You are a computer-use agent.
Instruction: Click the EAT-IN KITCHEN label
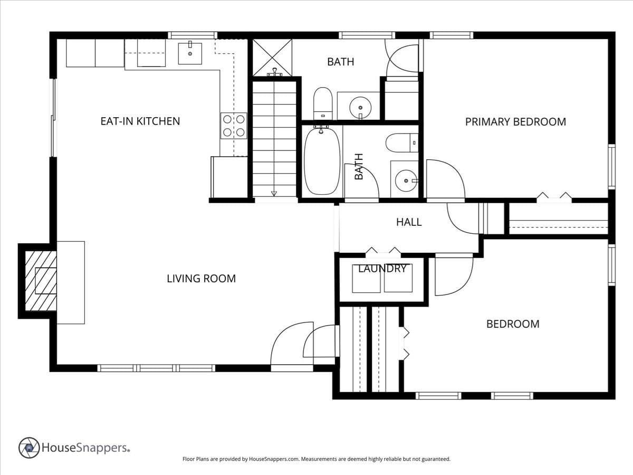pos(140,121)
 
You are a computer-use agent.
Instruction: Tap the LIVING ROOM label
pos(202,278)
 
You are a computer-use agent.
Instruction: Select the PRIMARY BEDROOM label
pos(515,122)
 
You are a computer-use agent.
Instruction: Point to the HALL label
pos(409,222)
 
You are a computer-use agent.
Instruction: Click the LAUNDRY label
pos(382,269)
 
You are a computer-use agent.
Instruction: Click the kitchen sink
pos(190,53)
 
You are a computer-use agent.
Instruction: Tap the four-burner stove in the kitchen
pos(234,126)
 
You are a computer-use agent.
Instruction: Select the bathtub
pos(322,161)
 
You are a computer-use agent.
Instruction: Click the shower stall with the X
pos(273,58)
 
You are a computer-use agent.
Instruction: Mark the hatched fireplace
pos(41,281)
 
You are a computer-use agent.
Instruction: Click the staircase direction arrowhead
pos(274,194)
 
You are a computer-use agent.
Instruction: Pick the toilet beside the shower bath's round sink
pos(323,103)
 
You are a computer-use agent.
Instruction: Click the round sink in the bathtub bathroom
pos(406,180)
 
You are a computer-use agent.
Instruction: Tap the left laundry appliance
pos(366,278)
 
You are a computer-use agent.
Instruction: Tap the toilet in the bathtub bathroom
pos(402,142)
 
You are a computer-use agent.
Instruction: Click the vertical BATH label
pos(359,167)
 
